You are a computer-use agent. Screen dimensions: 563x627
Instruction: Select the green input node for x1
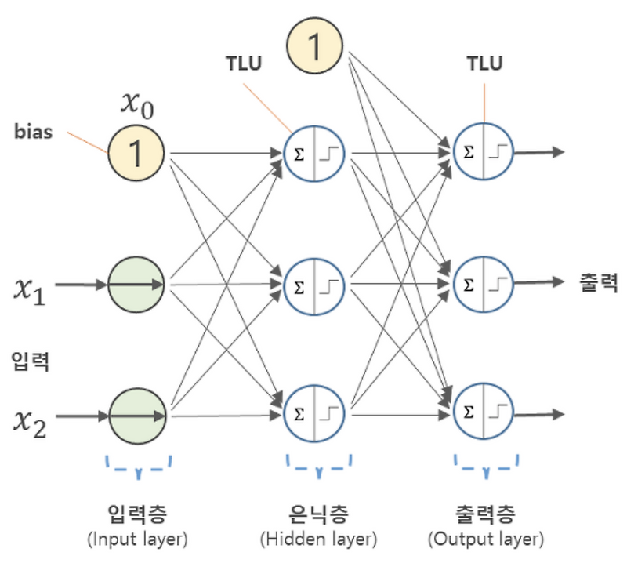[136, 283]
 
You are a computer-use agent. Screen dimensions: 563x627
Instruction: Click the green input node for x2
[136, 415]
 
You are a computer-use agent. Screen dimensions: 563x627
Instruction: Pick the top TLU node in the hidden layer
[314, 153]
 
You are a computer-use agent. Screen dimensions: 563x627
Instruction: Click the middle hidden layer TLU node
[314, 285]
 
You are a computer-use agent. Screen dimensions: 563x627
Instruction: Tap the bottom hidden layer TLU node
[314, 412]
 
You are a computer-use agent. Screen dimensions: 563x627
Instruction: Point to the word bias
[33, 132]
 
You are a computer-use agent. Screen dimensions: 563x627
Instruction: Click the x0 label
[137, 103]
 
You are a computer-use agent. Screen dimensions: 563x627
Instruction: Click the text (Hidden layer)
[318, 540]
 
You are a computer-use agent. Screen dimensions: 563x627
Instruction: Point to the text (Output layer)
[485, 540]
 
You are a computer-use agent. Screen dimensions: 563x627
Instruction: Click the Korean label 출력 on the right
[597, 282]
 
